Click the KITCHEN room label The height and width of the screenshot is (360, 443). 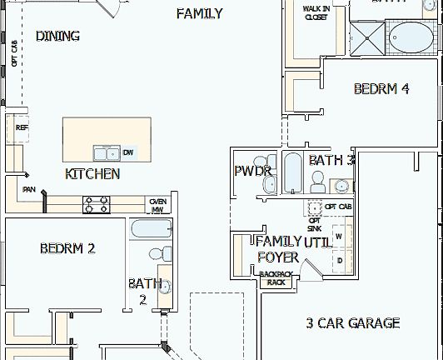pyautogui.click(x=92, y=174)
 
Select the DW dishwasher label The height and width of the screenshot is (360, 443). pyautogui.click(x=127, y=152)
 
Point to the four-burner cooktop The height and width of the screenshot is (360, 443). pyautogui.click(x=96, y=202)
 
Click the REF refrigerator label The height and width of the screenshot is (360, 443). pyautogui.click(x=22, y=127)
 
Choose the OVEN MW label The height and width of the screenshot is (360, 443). pyautogui.click(x=157, y=205)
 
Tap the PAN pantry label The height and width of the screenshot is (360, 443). pyautogui.click(x=28, y=190)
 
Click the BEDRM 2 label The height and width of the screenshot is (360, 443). pyautogui.click(x=67, y=247)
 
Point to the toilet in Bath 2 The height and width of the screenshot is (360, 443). pyautogui.click(x=159, y=254)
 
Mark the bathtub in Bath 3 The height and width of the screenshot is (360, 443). pyautogui.click(x=292, y=172)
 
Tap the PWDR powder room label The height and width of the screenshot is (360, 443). pyautogui.click(x=253, y=171)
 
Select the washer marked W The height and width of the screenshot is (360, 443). pyautogui.click(x=339, y=236)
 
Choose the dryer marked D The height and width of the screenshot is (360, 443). pyautogui.click(x=339, y=260)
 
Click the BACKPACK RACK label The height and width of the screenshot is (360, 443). pyautogui.click(x=276, y=278)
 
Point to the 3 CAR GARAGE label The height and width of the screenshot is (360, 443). pyautogui.click(x=352, y=322)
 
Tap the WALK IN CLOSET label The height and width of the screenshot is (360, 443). pyautogui.click(x=316, y=12)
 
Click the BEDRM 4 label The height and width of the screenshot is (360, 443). pyautogui.click(x=381, y=89)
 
